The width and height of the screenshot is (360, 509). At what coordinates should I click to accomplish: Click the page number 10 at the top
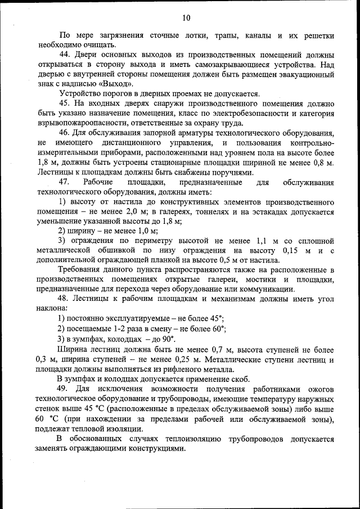(x=186, y=17)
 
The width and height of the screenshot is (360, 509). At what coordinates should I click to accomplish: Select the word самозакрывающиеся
(x=228, y=65)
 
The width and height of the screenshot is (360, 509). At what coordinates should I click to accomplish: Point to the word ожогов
(x=319, y=389)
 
